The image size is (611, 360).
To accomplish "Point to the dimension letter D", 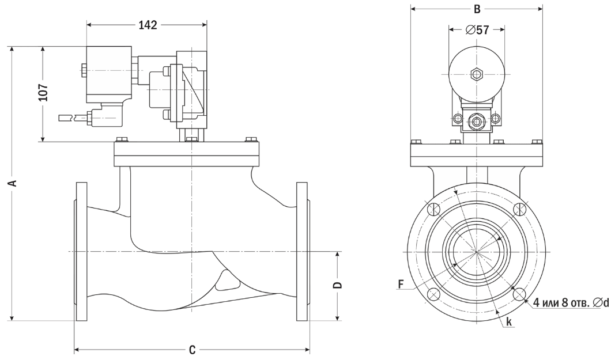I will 338,285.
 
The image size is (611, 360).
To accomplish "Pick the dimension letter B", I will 476,9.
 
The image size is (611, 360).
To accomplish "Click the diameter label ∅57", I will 476,29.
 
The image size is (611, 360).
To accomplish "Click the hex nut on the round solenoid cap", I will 476,74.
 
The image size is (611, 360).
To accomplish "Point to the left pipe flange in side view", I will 82,251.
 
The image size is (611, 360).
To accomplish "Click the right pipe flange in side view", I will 302,251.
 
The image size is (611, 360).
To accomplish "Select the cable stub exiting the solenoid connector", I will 71,118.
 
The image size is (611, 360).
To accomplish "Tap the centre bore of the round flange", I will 476,252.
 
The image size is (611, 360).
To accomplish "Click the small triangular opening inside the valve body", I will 226,282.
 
